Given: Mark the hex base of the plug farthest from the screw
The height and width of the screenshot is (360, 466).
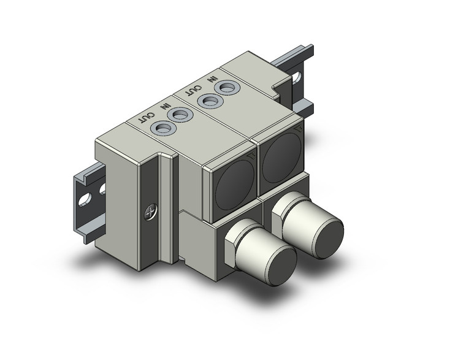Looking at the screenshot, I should [282, 215].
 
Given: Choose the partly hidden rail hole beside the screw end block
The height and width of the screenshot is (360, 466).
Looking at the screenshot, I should [101, 189].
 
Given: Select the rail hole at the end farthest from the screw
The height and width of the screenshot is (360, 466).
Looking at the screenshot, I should [298, 79].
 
